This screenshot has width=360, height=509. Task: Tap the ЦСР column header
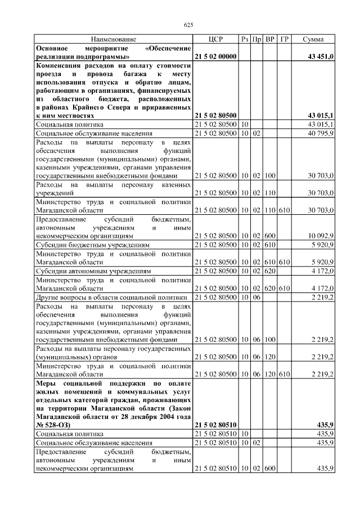tap(216, 39)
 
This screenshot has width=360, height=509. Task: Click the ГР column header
tap(285, 39)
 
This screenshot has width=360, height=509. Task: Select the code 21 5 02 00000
tap(216, 57)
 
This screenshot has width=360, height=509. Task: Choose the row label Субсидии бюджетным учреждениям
tap(93, 245)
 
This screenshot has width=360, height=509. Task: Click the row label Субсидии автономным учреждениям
tap(94, 271)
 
